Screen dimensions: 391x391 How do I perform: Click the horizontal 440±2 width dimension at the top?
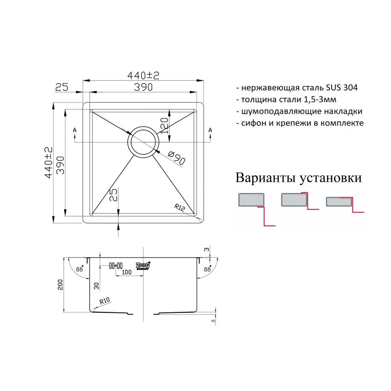click(x=144, y=75)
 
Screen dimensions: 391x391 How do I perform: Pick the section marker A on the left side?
click(x=74, y=130)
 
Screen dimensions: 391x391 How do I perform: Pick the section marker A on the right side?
click(x=210, y=130)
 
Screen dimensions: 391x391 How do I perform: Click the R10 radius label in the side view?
click(x=104, y=302)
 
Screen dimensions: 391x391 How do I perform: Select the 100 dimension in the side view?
click(x=127, y=272)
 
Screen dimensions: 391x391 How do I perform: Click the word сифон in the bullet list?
click(x=254, y=123)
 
